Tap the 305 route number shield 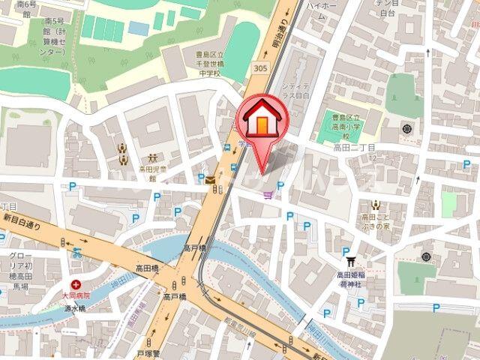tap(260, 67)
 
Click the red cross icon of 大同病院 tap(76, 284)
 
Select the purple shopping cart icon tap(268, 196)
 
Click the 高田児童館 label tap(152, 174)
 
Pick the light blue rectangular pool tap(138, 28)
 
